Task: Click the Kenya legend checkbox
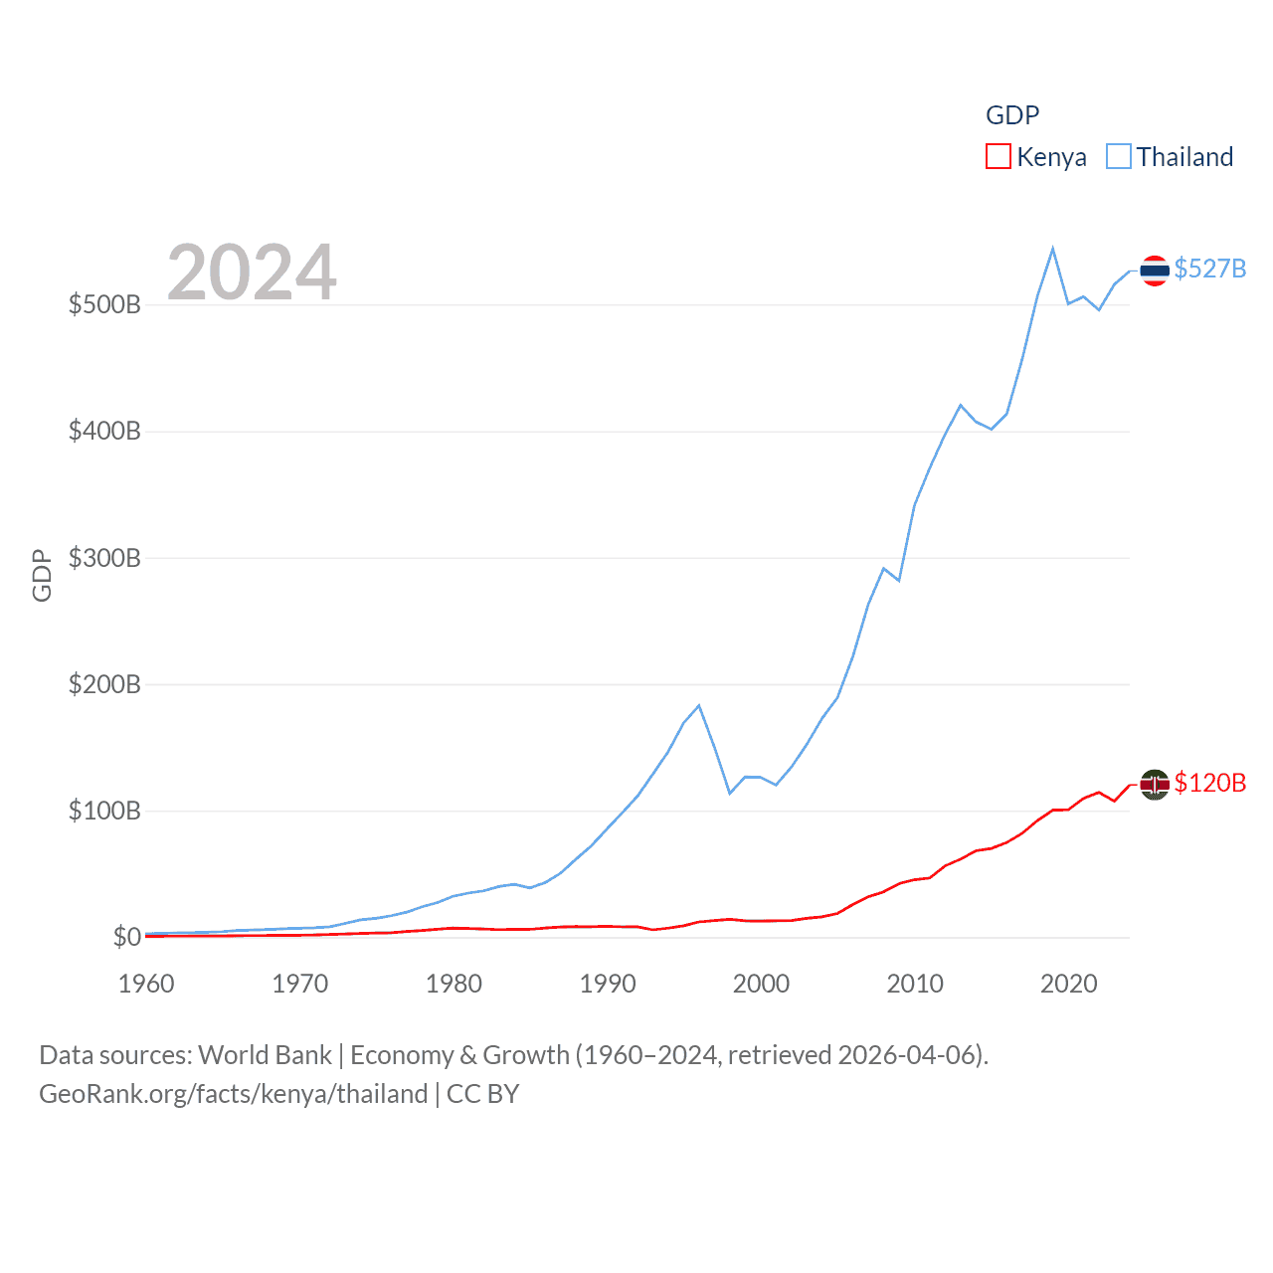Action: [x=999, y=157]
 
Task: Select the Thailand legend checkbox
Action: [x=1119, y=157]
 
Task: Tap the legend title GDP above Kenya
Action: [x=1011, y=115]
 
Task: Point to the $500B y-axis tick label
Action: [x=104, y=304]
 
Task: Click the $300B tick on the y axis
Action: [x=104, y=558]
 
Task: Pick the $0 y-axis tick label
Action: [x=126, y=937]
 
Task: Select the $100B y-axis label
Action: [x=104, y=811]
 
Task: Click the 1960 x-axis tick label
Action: [x=146, y=984]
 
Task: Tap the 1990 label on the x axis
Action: [x=608, y=984]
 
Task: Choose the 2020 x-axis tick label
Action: [x=1068, y=984]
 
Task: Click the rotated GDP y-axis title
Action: [x=42, y=575]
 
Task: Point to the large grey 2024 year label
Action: [x=252, y=273]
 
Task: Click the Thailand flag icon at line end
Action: [x=1155, y=270]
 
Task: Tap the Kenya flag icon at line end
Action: [x=1155, y=785]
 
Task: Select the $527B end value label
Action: [x=1209, y=269]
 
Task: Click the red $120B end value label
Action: [x=1209, y=783]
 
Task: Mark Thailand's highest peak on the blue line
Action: [x=1052, y=249]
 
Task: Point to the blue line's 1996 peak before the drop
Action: [x=699, y=706]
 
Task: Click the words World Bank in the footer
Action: [x=265, y=1054]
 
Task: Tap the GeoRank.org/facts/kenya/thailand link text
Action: [x=234, y=1094]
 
